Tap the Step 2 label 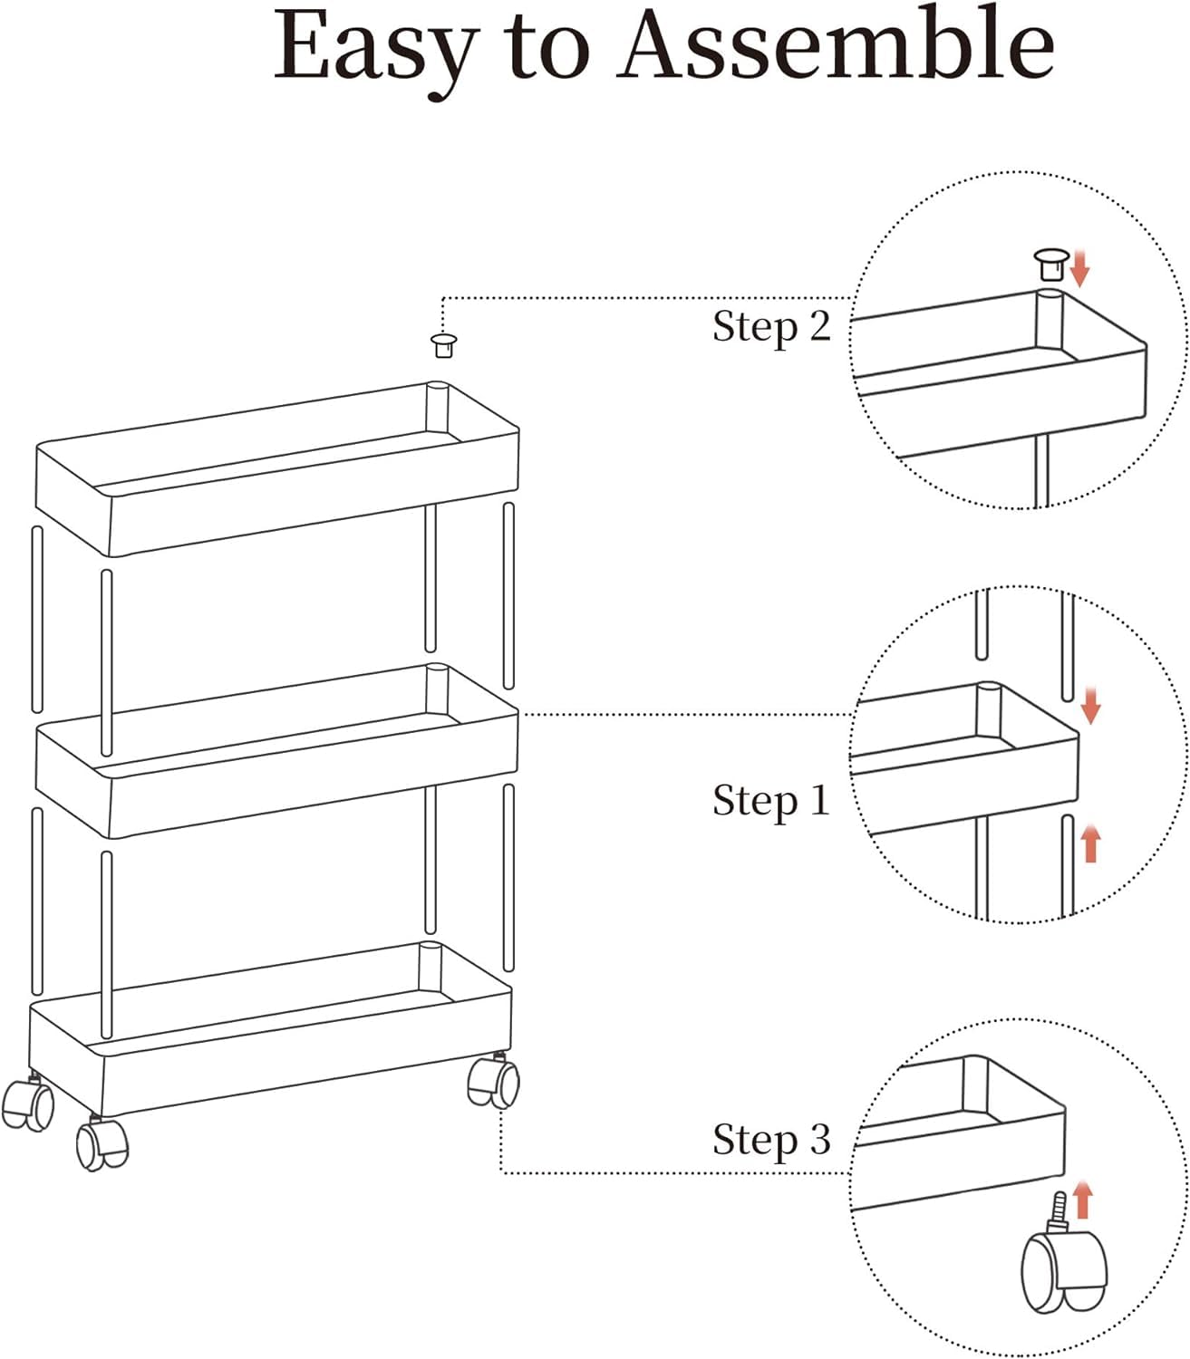pyautogui.click(x=771, y=327)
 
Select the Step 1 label pyautogui.click(x=771, y=801)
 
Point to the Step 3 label pyautogui.click(x=771, y=1141)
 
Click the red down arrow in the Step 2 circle pyautogui.click(x=1080, y=268)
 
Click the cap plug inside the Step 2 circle pyautogui.click(x=1051, y=264)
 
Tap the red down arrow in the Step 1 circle pyautogui.click(x=1090, y=706)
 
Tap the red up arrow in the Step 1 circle pyautogui.click(x=1090, y=843)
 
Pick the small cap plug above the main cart pyautogui.click(x=444, y=345)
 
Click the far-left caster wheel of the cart pyautogui.click(x=27, y=1104)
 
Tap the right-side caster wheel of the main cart pyautogui.click(x=493, y=1081)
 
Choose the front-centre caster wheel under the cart pyautogui.click(x=102, y=1142)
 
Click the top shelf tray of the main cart pyautogui.click(x=277, y=469)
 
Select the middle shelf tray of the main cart pyautogui.click(x=276, y=750)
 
